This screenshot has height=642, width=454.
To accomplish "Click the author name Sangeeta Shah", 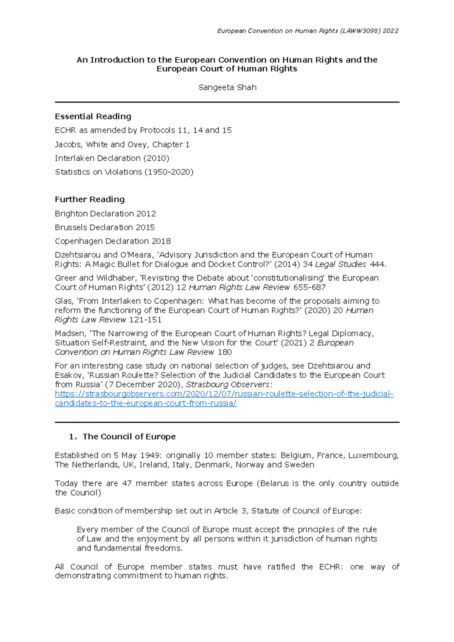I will pyautogui.click(x=227, y=87).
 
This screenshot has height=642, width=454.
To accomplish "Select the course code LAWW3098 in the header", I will pyautogui.click(x=360, y=31).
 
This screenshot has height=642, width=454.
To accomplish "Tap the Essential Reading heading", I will pyautogui.click(x=93, y=116).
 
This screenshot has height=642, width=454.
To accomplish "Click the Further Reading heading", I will pyautogui.click(x=90, y=199).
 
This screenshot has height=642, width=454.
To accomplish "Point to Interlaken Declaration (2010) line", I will pyautogui.click(x=112, y=158).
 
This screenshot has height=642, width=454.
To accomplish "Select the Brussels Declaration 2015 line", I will pyautogui.click(x=105, y=227).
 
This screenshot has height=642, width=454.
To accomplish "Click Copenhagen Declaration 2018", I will pyautogui.click(x=113, y=241).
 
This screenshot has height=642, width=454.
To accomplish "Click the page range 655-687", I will pyautogui.click(x=309, y=287).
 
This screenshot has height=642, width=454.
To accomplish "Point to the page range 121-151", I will pyautogui.click(x=145, y=320).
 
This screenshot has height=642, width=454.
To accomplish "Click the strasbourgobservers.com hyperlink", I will pyautogui.click(x=224, y=394).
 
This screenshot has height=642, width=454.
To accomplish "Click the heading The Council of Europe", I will pyautogui.click(x=129, y=437).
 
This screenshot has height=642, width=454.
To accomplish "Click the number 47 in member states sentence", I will pyautogui.click(x=127, y=483).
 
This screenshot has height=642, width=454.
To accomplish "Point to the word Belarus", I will pyautogui.click(x=274, y=483).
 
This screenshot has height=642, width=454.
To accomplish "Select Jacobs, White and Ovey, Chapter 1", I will pyautogui.click(x=122, y=144).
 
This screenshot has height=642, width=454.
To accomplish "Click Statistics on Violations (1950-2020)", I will pyautogui.click(x=124, y=172).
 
